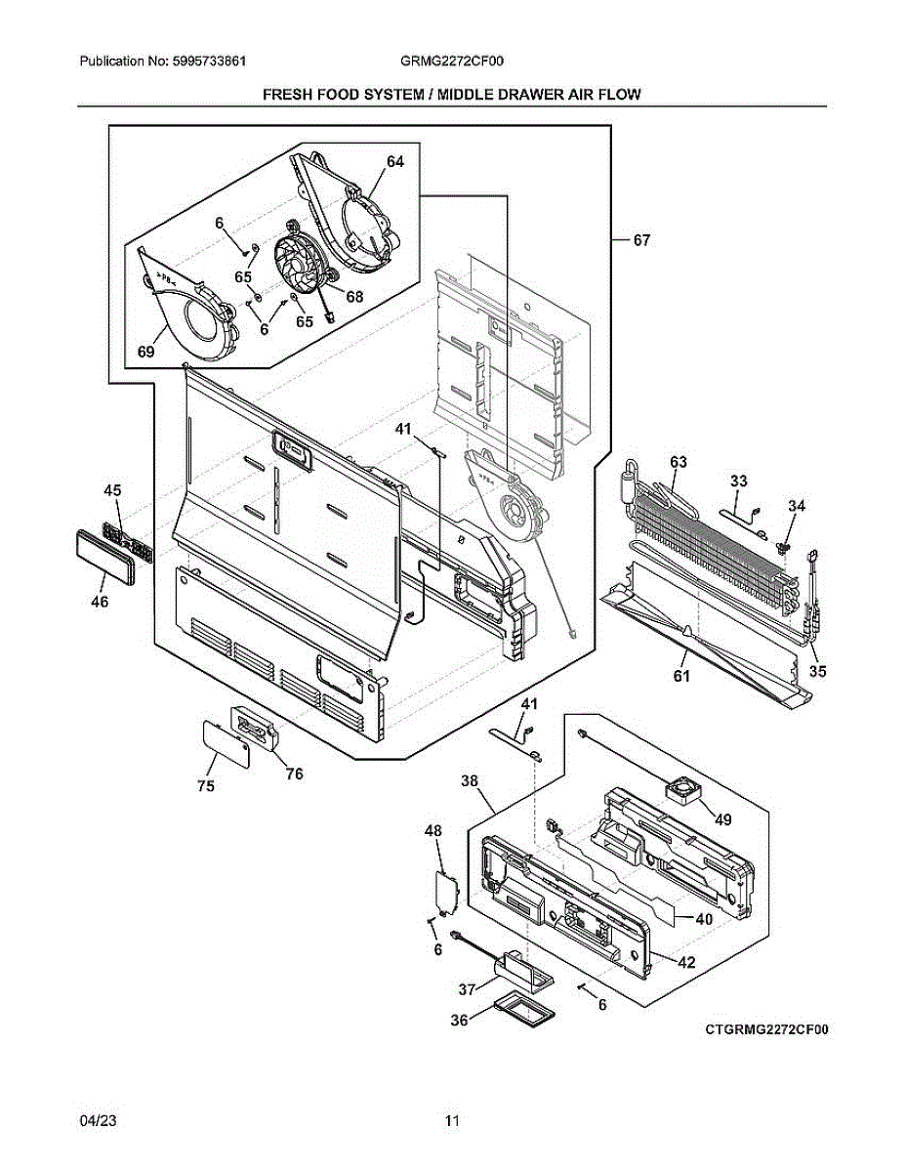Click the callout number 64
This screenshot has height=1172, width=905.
click(x=394, y=163)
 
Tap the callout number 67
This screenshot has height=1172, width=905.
click(x=640, y=240)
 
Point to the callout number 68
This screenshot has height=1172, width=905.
click(x=353, y=296)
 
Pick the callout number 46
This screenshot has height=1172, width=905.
click(x=100, y=603)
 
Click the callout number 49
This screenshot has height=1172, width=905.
click(x=721, y=819)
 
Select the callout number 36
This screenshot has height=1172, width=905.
click(x=459, y=1020)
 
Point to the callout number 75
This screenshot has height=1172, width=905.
click(x=207, y=786)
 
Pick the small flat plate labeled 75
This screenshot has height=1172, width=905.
click(x=225, y=745)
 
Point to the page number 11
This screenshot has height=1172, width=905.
click(x=452, y=1120)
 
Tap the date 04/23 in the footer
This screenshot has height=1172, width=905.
click(x=96, y=1120)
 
